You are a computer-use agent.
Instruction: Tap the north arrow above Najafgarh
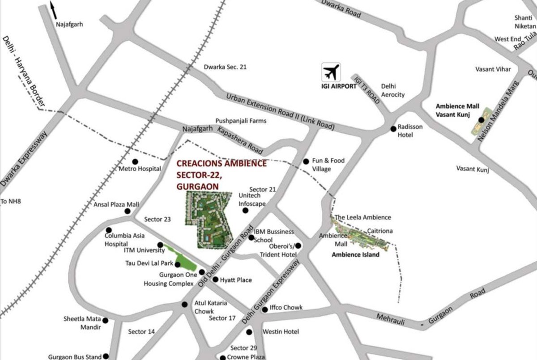pos(53,10)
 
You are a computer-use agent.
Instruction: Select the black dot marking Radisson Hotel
pos(393,129)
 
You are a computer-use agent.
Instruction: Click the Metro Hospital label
pos(140,169)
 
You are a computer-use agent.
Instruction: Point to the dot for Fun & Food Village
pos(306,161)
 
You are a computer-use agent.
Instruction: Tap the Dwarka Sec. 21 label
pos(225,67)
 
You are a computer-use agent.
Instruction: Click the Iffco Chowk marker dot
pos(265,309)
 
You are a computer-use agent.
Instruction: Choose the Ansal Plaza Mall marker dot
pos(128,211)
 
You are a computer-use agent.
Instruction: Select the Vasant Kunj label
pos(473,169)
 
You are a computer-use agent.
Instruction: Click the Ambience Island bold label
pos(355,255)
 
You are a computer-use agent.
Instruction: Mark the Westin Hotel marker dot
pos(249,332)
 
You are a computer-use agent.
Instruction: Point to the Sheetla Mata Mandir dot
pos(105,320)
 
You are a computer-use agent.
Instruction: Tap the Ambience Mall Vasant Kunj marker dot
pos(481,120)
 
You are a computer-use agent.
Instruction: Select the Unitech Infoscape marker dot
pos(245,210)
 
